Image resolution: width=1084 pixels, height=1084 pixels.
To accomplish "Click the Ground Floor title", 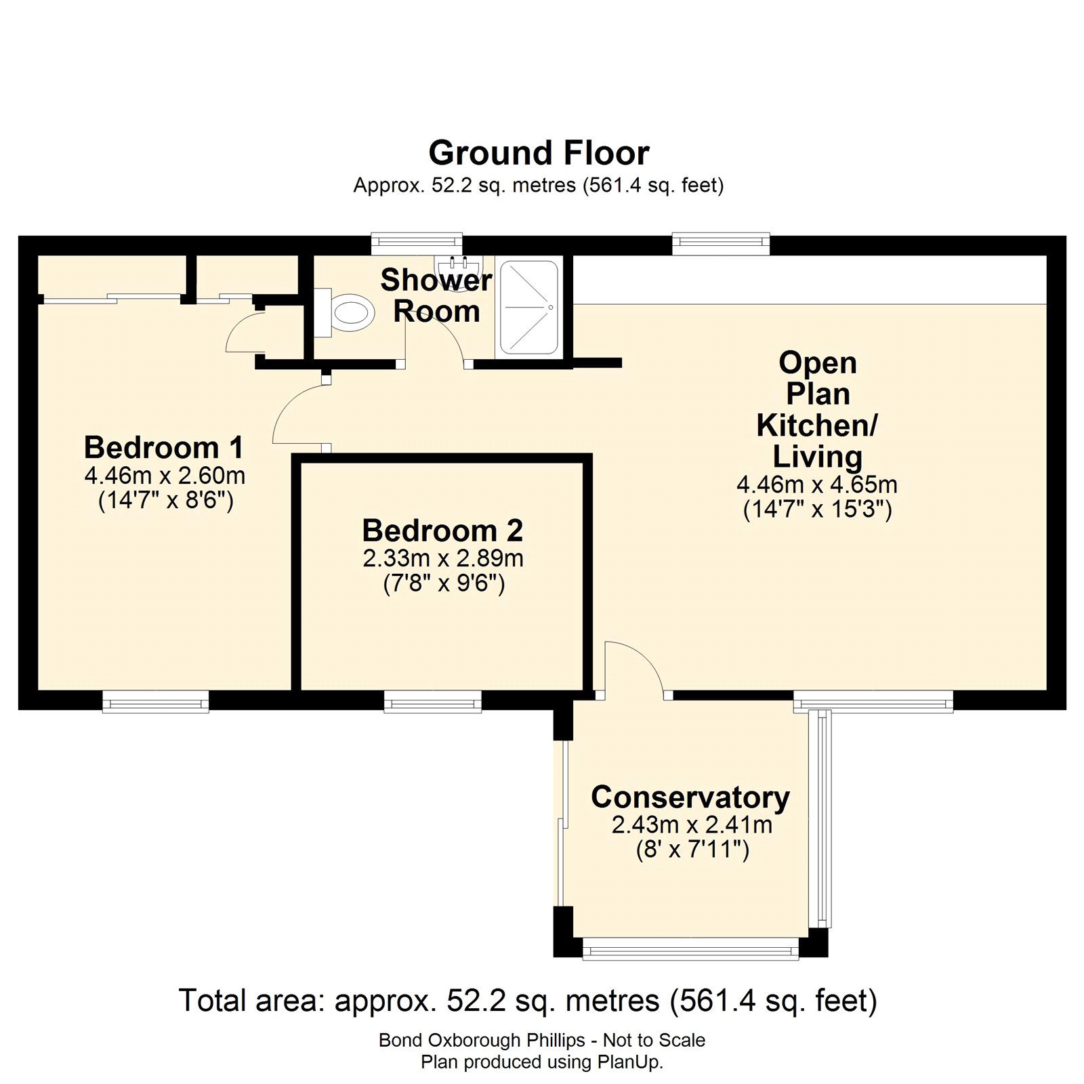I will tap(539, 153).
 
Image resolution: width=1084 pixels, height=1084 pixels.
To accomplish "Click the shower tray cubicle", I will tap(528, 308).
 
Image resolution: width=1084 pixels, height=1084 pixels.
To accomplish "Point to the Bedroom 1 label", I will tap(163, 448).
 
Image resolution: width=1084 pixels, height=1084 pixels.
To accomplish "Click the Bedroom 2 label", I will tap(442, 530).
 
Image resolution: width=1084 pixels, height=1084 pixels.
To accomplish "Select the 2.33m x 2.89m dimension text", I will tap(443, 558).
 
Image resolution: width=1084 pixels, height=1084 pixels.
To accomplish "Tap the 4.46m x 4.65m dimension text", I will tap(816, 484).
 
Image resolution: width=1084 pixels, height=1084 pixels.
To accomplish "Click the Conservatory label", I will tap(690, 797).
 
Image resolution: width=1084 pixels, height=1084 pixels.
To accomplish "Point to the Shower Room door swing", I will tap(437, 339).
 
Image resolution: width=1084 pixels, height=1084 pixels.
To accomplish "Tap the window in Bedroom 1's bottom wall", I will tap(155, 703).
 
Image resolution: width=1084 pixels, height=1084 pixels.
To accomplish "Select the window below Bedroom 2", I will tap(432, 703).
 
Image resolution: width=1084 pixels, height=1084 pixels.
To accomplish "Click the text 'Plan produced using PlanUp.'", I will tap(541, 1062).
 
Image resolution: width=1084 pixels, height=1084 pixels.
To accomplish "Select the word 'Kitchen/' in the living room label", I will tap(816, 425).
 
